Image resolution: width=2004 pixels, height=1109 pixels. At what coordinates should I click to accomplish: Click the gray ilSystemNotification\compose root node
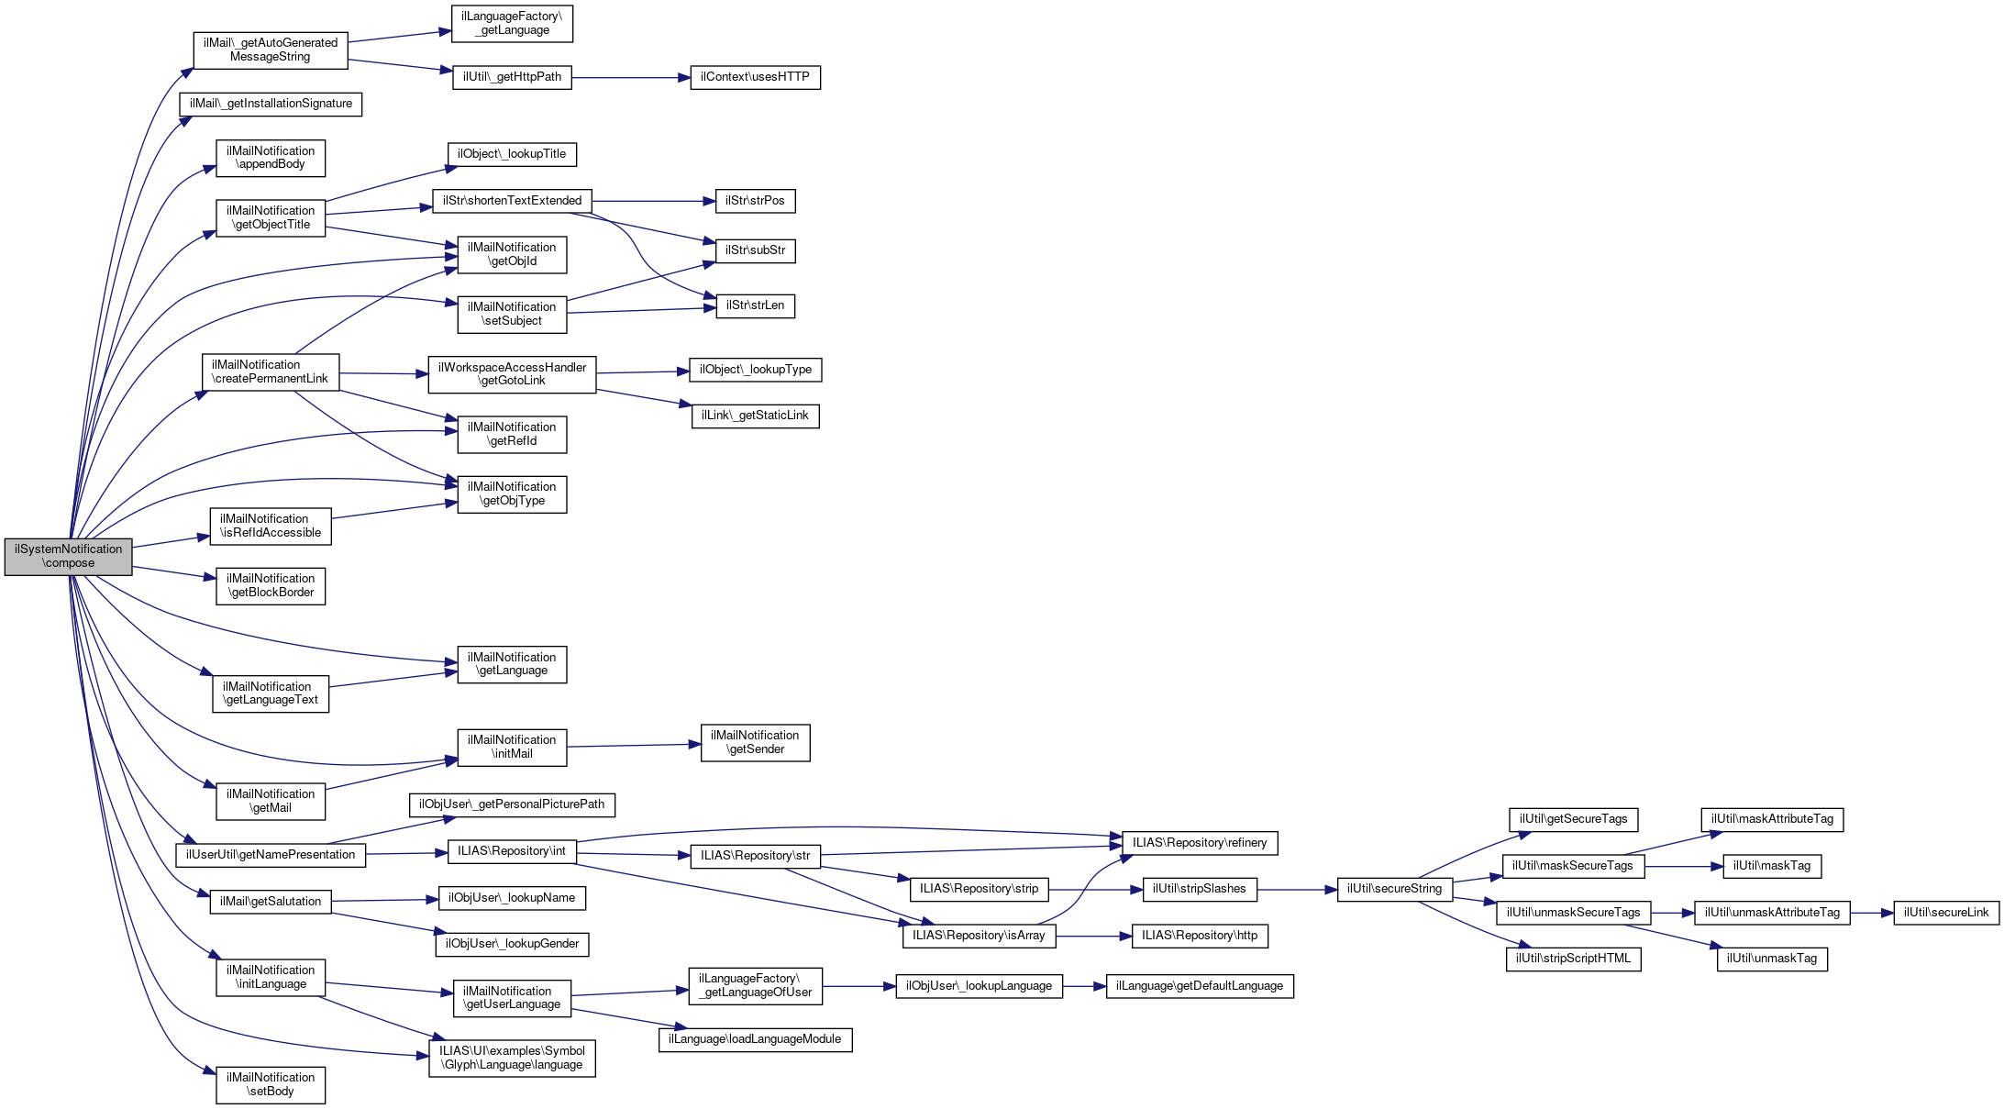(x=68, y=557)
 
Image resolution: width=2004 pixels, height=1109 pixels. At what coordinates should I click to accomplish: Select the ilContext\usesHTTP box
(x=755, y=77)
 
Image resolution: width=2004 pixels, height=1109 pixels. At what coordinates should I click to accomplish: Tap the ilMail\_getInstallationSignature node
(x=271, y=105)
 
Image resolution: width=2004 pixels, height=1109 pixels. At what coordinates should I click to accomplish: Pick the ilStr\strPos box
(x=755, y=201)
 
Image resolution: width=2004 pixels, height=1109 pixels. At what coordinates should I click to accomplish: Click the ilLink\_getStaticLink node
(x=755, y=416)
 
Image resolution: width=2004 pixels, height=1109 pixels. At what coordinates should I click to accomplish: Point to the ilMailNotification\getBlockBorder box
(x=271, y=586)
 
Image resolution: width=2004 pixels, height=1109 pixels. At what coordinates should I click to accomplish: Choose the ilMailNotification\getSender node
(x=755, y=743)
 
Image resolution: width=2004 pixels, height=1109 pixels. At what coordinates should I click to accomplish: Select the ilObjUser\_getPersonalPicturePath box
(x=512, y=805)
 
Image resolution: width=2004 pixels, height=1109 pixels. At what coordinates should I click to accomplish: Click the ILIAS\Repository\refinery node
(x=1199, y=843)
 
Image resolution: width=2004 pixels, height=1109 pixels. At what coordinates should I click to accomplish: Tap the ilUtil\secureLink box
(x=1945, y=913)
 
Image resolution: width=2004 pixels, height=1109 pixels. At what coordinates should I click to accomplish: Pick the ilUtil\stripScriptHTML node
(x=1573, y=959)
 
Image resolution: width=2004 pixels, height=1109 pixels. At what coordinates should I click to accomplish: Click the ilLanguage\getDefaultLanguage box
(x=1199, y=987)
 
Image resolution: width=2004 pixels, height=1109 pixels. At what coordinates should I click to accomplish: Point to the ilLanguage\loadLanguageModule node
(x=755, y=1040)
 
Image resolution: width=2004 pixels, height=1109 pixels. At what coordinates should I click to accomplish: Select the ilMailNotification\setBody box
(x=271, y=1085)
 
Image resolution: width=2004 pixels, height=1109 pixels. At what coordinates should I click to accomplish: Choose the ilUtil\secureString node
(x=1394, y=889)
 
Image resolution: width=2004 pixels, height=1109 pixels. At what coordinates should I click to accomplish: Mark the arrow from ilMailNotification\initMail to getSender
(x=633, y=746)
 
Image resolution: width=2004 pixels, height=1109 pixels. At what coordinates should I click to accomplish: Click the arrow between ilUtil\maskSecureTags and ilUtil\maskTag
(x=1684, y=867)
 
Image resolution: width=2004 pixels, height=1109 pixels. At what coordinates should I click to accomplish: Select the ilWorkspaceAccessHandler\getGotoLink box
(x=512, y=374)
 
